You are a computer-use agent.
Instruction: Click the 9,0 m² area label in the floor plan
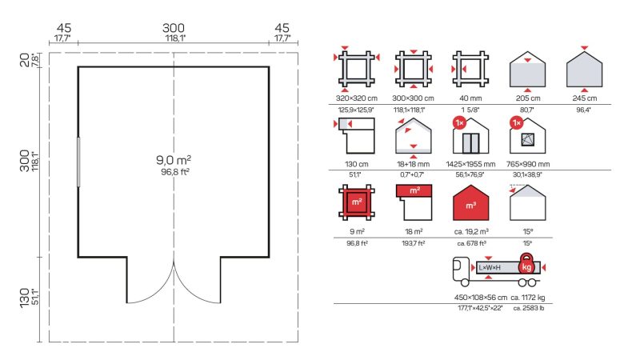tap(174, 159)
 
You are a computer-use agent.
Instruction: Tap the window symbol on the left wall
tap(78, 162)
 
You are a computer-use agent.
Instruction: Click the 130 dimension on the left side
tap(25, 298)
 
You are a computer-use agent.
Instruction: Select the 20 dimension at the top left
tap(25, 59)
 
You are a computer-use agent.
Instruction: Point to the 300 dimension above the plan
tap(174, 28)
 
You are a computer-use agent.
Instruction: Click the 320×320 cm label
tap(356, 98)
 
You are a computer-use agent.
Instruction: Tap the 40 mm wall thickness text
tap(470, 98)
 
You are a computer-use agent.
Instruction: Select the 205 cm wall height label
tap(528, 98)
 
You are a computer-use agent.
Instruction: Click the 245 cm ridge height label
tap(585, 98)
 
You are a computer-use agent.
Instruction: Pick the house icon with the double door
tap(470, 136)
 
